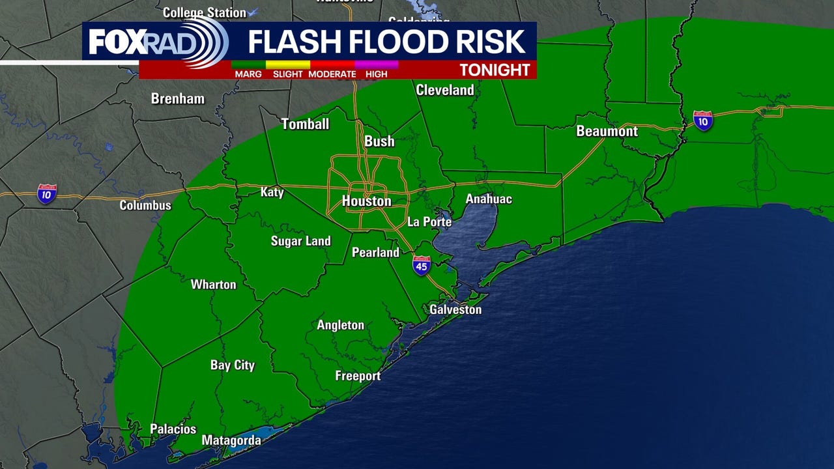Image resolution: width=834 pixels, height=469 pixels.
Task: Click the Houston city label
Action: click(367, 201)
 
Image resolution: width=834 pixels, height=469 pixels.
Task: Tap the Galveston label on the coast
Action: click(455, 309)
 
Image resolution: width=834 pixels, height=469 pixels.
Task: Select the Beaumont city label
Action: click(607, 131)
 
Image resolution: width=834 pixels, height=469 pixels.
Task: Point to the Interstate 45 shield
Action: click(422, 265)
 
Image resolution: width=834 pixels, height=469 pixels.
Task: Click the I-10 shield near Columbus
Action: click(46, 193)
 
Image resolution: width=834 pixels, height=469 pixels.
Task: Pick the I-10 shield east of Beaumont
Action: click(702, 121)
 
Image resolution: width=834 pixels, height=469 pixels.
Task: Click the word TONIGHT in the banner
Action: click(495, 70)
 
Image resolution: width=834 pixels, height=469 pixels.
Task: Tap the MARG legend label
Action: click(248, 74)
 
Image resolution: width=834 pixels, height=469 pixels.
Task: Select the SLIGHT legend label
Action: click(288, 74)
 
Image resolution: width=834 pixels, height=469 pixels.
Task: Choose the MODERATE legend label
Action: click(332, 74)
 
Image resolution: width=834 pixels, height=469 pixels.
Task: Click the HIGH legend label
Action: click(376, 74)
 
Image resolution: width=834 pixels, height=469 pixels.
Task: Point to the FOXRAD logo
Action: click(156, 42)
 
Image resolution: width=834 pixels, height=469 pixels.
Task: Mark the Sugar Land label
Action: click(301, 241)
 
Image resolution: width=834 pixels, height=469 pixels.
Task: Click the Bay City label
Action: click(233, 365)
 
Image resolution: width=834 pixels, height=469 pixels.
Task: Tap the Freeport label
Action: click(358, 376)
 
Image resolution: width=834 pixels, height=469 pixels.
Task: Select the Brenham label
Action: click(178, 99)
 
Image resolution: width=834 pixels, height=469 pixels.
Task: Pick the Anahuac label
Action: click(489, 199)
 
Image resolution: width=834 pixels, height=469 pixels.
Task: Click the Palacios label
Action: click(173, 429)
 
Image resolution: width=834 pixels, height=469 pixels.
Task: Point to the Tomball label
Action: click(305, 124)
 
